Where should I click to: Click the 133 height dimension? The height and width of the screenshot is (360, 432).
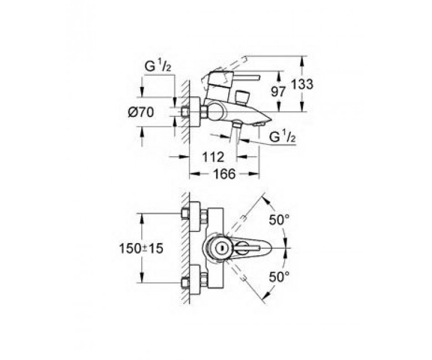click(x=302, y=84)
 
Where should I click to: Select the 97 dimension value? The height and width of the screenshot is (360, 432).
click(x=278, y=91)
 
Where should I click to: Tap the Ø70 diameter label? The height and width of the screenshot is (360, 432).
click(x=141, y=112)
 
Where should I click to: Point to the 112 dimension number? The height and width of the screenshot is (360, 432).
click(x=213, y=157)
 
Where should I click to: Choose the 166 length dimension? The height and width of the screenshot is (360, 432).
click(x=225, y=174)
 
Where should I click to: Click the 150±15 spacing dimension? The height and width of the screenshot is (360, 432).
click(x=141, y=249)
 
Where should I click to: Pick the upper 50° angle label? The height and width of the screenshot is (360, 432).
click(x=279, y=220)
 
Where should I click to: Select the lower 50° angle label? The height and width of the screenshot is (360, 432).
click(x=279, y=277)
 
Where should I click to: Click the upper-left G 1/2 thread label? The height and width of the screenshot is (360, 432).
click(x=158, y=66)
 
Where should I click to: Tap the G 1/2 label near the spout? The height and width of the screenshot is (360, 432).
click(x=282, y=137)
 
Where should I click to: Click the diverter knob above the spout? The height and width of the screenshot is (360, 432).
click(x=242, y=97)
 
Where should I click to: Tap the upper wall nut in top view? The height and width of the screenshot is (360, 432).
click(x=185, y=214)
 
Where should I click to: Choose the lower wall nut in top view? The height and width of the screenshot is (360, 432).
click(x=185, y=282)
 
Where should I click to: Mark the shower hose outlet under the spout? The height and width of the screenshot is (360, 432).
click(x=236, y=125)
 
